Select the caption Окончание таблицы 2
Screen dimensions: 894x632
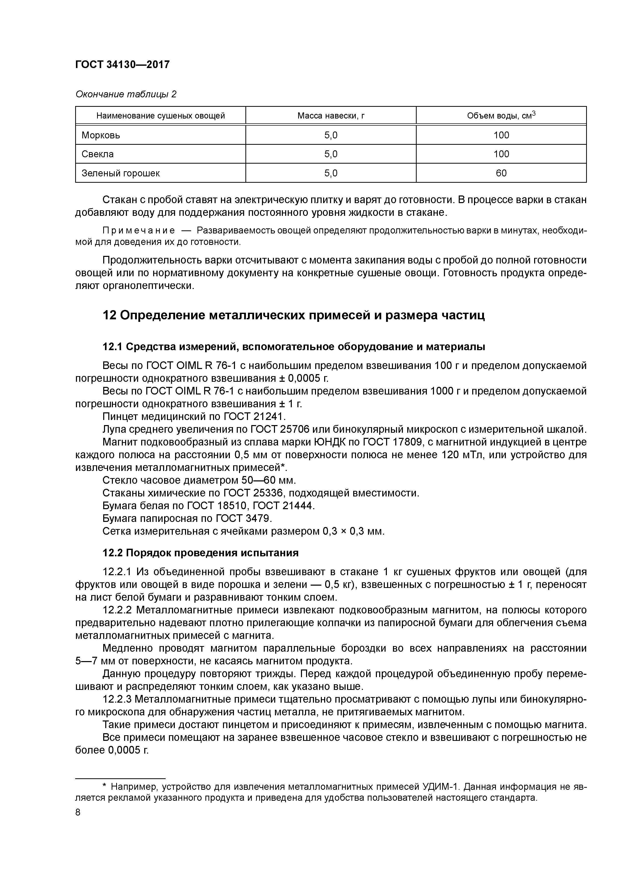pos(126,94)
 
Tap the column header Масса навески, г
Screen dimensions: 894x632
pos(331,116)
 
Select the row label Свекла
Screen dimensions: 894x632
pos(98,154)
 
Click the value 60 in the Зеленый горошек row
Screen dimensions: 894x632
pos(501,173)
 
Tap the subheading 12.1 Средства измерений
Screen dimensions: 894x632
pos(294,347)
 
